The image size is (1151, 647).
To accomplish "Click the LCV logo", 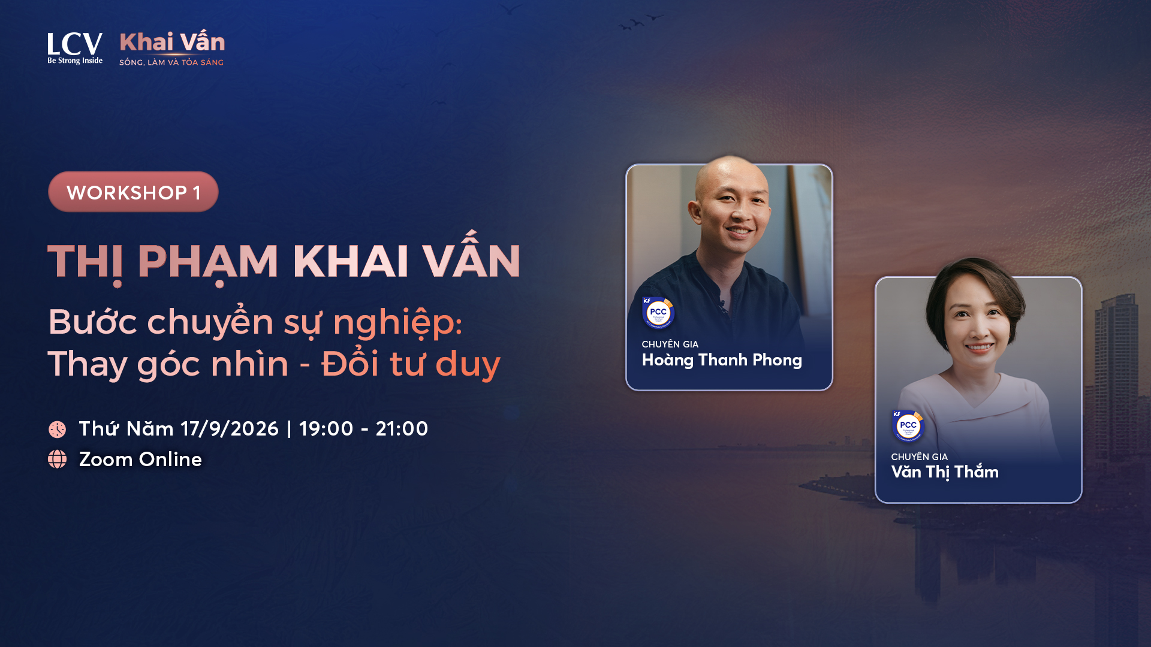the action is [75, 48].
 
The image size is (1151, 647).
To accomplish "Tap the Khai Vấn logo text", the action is [172, 41].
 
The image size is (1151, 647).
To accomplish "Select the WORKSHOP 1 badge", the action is [133, 192].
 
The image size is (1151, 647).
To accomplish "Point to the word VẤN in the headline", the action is [471, 256].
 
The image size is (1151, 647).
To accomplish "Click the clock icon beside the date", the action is [58, 429].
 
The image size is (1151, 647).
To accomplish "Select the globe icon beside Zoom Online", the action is [58, 459].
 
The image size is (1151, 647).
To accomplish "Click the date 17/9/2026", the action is [230, 429].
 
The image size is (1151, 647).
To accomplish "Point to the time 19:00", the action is [326, 429].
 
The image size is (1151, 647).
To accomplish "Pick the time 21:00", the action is [402, 429].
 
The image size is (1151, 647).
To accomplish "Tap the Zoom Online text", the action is [140, 459].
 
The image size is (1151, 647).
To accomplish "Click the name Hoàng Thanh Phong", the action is [722, 360].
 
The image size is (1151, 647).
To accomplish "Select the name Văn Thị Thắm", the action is [945, 473].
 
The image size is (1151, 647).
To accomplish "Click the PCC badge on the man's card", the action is [658, 312].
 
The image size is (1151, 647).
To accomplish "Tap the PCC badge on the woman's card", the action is [908, 426].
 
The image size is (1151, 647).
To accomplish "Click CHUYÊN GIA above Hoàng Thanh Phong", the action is [670, 344].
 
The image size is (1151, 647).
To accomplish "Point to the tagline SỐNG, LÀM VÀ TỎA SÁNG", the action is [171, 62].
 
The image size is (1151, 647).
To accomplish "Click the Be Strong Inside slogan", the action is [75, 61].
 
